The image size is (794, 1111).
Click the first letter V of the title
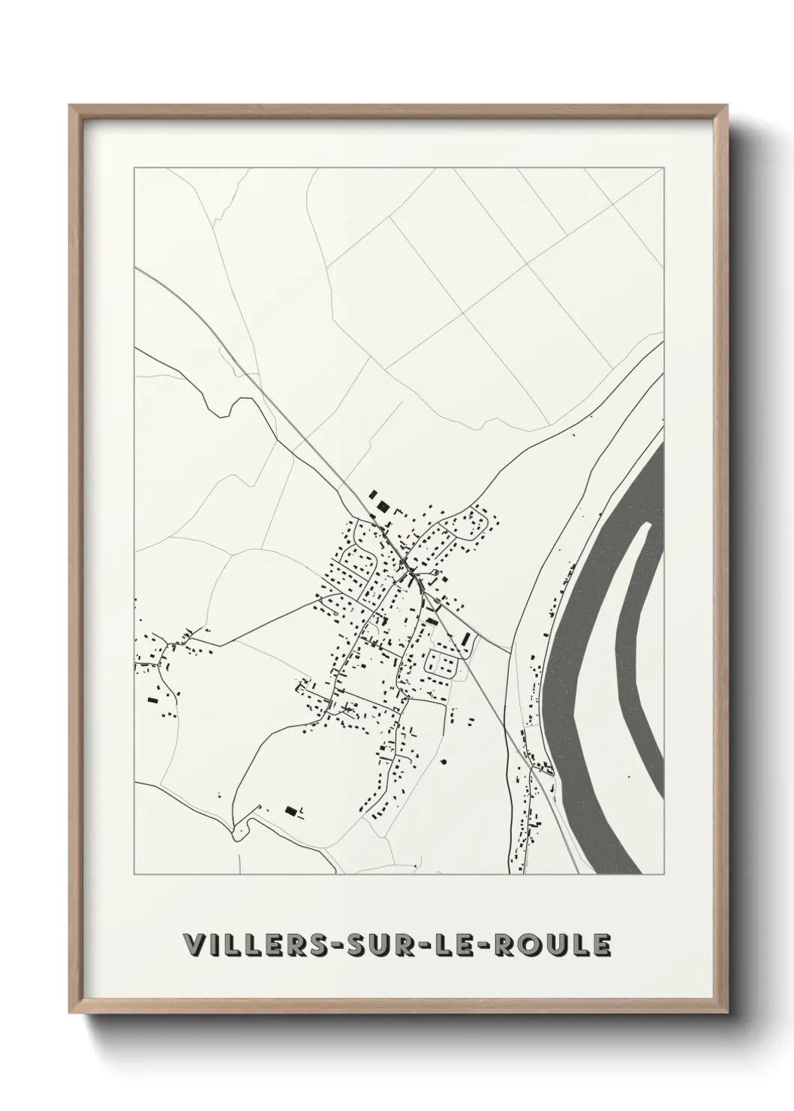click(192, 946)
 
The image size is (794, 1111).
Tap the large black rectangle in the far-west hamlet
click(154, 700)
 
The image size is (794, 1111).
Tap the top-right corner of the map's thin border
click(665, 167)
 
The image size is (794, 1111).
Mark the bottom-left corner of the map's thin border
click(134, 875)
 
